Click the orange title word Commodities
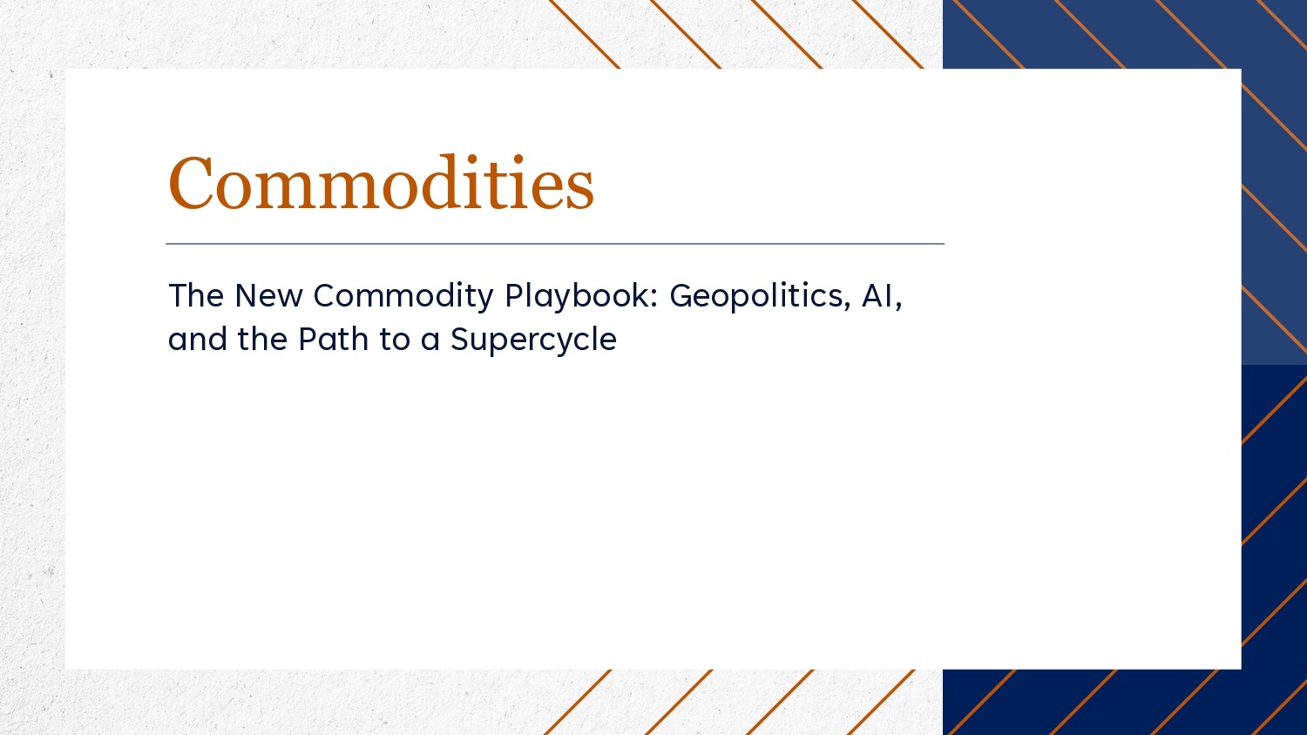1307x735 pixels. [x=381, y=182]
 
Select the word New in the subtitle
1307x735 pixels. [x=268, y=295]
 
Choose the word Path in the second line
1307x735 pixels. [x=333, y=339]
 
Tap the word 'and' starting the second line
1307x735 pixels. [x=197, y=339]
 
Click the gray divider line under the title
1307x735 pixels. [x=555, y=244]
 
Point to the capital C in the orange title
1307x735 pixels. [x=190, y=183]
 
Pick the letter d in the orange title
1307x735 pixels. [x=440, y=181]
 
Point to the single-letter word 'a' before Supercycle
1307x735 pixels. [x=430, y=342]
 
